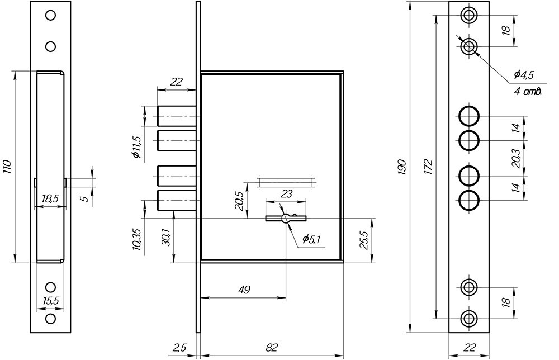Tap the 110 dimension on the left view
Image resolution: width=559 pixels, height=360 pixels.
[x=8, y=167]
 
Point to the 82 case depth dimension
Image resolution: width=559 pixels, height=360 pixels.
[x=272, y=347]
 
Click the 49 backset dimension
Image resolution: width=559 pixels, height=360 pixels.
[x=243, y=289]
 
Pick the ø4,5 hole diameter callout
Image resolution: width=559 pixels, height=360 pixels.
[x=524, y=74]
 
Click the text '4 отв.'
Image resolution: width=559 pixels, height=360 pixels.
[x=528, y=92]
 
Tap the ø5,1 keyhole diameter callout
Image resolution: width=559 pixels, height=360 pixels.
[x=311, y=239]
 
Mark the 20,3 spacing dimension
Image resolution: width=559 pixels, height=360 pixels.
[x=515, y=158]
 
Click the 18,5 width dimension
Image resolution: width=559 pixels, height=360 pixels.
[x=50, y=199]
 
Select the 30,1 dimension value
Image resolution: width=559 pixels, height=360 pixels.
[x=165, y=236]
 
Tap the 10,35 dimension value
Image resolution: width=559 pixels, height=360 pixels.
[x=138, y=239]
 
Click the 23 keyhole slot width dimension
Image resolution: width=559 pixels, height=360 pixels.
[x=287, y=194]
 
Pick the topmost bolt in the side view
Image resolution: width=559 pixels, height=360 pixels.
[x=177, y=116]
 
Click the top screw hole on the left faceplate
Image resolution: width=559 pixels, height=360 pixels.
[x=51, y=15]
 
